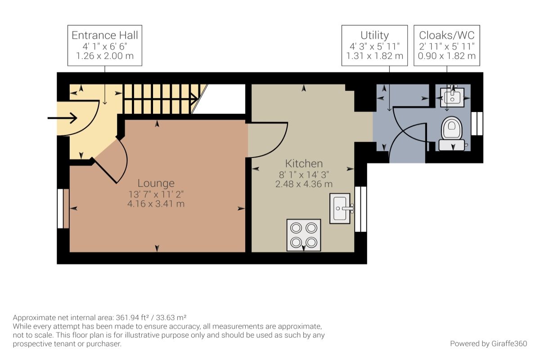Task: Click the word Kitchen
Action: point(304,163)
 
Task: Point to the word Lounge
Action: point(156,183)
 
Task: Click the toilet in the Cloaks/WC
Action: point(452,134)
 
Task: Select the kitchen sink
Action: point(340,208)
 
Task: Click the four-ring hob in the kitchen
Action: point(304,235)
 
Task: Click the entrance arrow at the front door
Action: point(62,118)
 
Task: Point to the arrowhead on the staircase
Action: point(194,99)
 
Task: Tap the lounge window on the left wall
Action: point(63,208)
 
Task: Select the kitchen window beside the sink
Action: point(360,209)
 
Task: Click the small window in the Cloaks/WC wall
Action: point(477,124)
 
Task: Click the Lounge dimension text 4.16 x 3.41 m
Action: point(156,204)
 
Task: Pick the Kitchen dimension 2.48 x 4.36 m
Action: point(304,184)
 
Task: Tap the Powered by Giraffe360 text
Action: point(488,344)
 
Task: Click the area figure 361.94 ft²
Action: point(132,317)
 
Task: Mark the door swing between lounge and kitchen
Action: point(268,140)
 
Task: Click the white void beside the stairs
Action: point(220,99)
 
